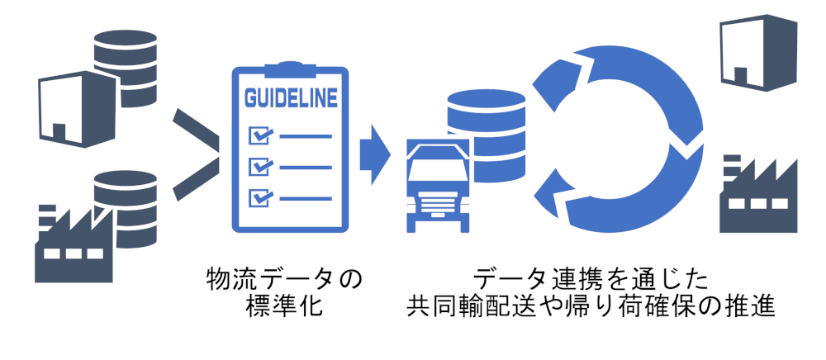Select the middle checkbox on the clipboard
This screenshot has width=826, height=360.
click(x=260, y=166)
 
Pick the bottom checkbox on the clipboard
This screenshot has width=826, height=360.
click(x=260, y=197)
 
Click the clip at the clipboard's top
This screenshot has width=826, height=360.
click(x=290, y=73)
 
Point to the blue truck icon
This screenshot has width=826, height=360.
click(x=438, y=186)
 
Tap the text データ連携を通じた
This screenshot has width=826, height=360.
click(x=591, y=277)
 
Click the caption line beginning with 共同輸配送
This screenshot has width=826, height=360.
click(x=591, y=307)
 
